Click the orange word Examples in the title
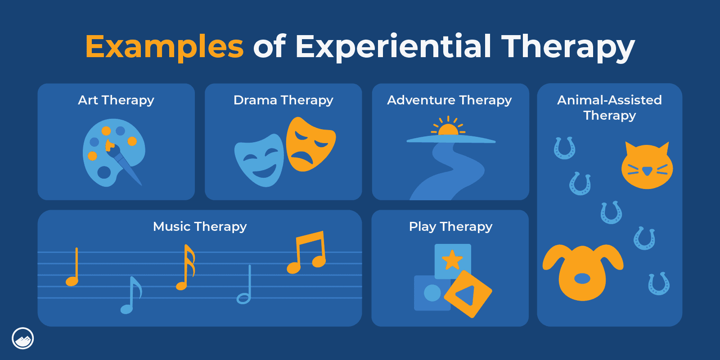pyautogui.click(x=164, y=46)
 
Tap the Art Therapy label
pyautogui.click(x=116, y=100)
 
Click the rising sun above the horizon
pyautogui.click(x=448, y=130)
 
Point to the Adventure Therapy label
pyautogui.click(x=450, y=100)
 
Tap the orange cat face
pyautogui.click(x=647, y=166)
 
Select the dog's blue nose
pyautogui.click(x=582, y=279)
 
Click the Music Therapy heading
pyautogui.click(x=200, y=226)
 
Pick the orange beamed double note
pyautogui.click(x=307, y=253)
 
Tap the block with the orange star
pyautogui.click(x=452, y=260)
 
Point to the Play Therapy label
pyautogui.click(x=450, y=226)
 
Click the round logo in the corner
pyautogui.click(x=22, y=338)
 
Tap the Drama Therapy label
pyautogui.click(x=283, y=100)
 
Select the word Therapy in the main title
pyautogui.click(x=567, y=47)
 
